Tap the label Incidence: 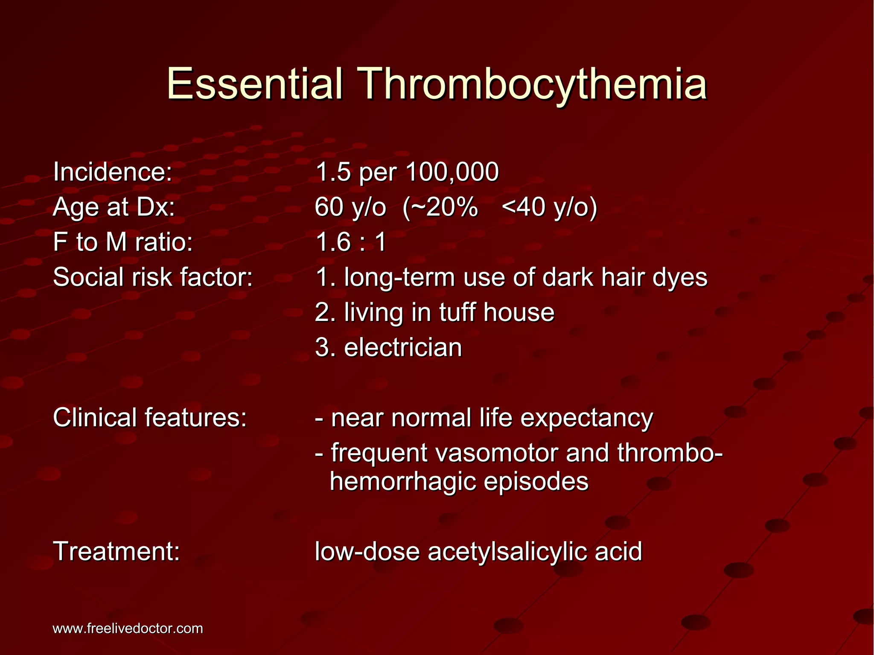tap(113, 172)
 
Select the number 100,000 tap(452, 172)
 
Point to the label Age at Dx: tap(114, 208)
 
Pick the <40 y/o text tap(550, 208)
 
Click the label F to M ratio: tap(123, 243)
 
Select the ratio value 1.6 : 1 tap(351, 243)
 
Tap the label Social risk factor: tap(153, 277)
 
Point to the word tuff tap(457, 312)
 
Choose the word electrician tap(403, 348)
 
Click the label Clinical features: tap(150, 418)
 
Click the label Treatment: tap(117, 552)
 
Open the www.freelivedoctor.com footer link tap(128, 629)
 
